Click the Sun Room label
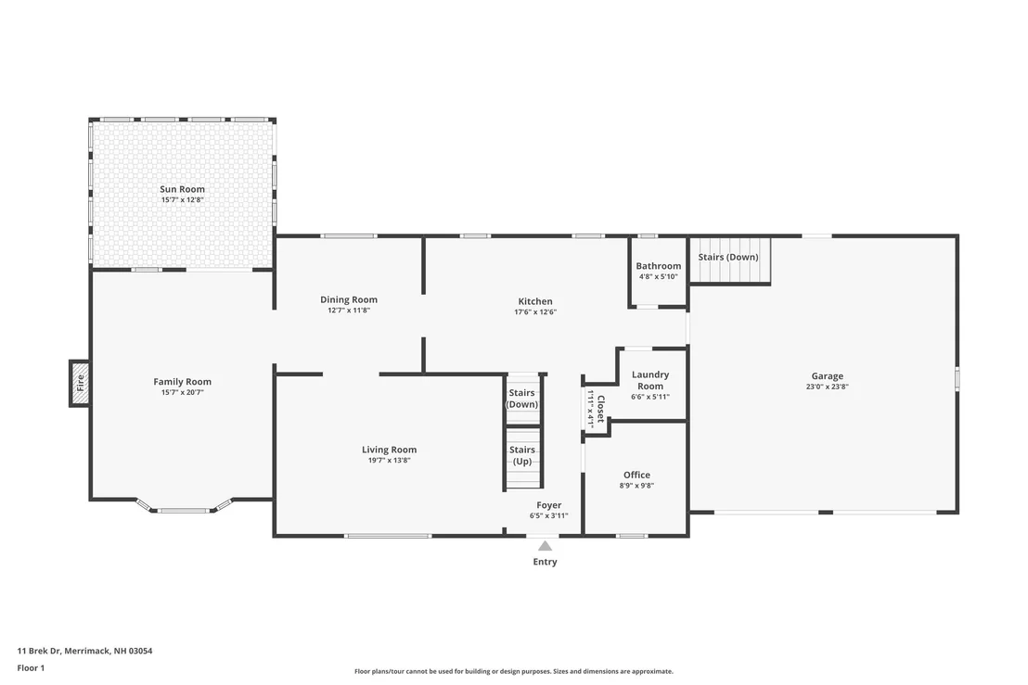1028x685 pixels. click(x=182, y=189)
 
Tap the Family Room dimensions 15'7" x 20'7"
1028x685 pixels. click(x=182, y=392)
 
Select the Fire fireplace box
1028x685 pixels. click(x=80, y=383)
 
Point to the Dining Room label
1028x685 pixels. click(x=349, y=299)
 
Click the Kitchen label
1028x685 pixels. click(x=535, y=301)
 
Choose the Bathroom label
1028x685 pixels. click(x=658, y=266)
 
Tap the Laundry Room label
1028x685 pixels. click(x=650, y=380)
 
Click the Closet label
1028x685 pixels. click(x=600, y=409)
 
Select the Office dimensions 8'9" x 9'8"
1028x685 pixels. click(x=636, y=486)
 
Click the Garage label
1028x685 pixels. click(x=828, y=376)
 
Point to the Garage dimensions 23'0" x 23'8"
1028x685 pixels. click(x=828, y=387)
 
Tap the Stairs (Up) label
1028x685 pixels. click(x=521, y=455)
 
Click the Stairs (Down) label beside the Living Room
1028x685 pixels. click(x=521, y=399)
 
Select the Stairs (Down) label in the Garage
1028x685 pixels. click(x=728, y=257)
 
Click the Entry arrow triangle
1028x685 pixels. click(x=545, y=546)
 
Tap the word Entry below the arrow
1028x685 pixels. click(x=545, y=562)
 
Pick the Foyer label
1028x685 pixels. click(x=548, y=505)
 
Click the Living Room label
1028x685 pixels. click(x=390, y=450)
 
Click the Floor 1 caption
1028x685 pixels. click(x=31, y=668)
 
